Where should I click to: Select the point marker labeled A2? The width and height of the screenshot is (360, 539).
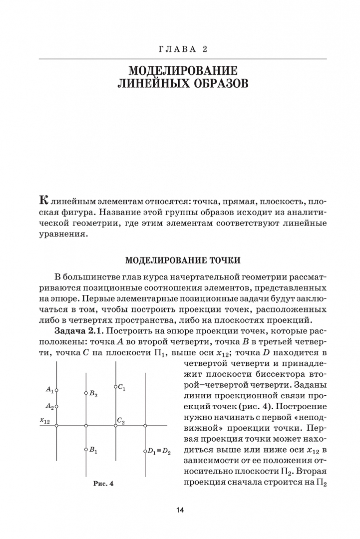click(56, 407)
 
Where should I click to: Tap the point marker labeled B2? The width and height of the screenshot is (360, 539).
click(86, 393)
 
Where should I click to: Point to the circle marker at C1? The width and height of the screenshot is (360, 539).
click(115, 387)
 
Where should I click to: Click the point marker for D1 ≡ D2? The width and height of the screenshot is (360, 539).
click(145, 452)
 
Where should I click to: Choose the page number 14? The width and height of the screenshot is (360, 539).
click(180, 510)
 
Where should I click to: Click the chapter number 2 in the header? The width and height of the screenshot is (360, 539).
click(205, 49)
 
